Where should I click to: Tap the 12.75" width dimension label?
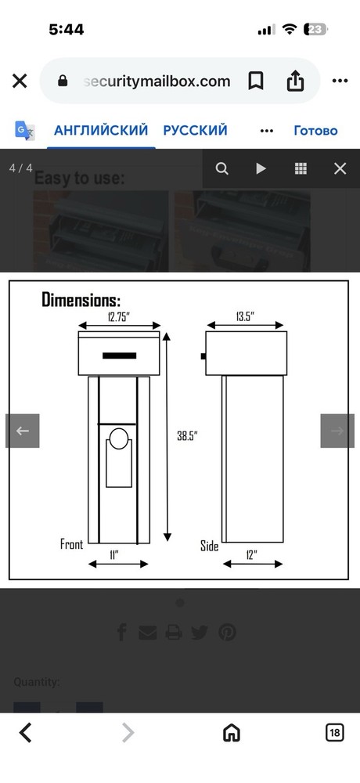119,316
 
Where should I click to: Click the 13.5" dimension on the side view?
245,316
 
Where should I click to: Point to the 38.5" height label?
187,436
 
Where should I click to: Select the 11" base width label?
114,554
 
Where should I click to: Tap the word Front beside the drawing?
72,543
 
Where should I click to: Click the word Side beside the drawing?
209,546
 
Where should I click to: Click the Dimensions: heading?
81,299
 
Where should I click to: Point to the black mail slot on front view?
119,356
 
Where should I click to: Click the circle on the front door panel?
118,439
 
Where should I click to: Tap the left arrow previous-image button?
22,431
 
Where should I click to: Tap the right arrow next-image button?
337,431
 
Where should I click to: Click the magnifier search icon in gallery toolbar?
222,168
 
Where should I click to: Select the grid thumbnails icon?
301,168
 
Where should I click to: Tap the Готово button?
315,130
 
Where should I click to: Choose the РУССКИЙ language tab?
195,130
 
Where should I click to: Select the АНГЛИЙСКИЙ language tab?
101,130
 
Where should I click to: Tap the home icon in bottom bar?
231,732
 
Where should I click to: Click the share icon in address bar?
295,81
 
